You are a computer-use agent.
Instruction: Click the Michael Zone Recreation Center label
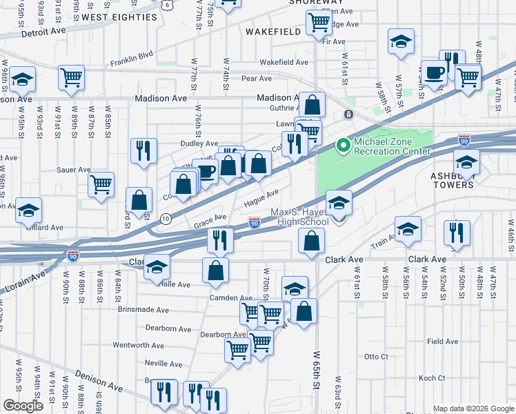coord(392,146)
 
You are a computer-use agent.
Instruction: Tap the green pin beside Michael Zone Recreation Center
coord(342,146)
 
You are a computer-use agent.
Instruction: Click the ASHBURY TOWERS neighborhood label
coord(453,180)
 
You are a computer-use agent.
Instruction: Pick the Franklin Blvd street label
coord(131,62)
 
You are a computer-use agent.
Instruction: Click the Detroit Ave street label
coord(43,32)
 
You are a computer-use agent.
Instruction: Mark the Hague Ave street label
coord(261,198)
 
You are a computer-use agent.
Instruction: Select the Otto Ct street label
coord(377,357)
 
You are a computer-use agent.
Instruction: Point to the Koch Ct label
coord(432,378)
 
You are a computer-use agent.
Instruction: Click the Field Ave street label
coord(442,341)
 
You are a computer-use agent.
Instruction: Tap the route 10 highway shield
coord(165,219)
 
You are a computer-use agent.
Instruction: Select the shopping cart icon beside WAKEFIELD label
coord(319,21)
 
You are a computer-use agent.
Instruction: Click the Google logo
coord(23,406)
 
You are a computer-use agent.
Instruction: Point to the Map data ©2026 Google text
coord(473,408)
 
